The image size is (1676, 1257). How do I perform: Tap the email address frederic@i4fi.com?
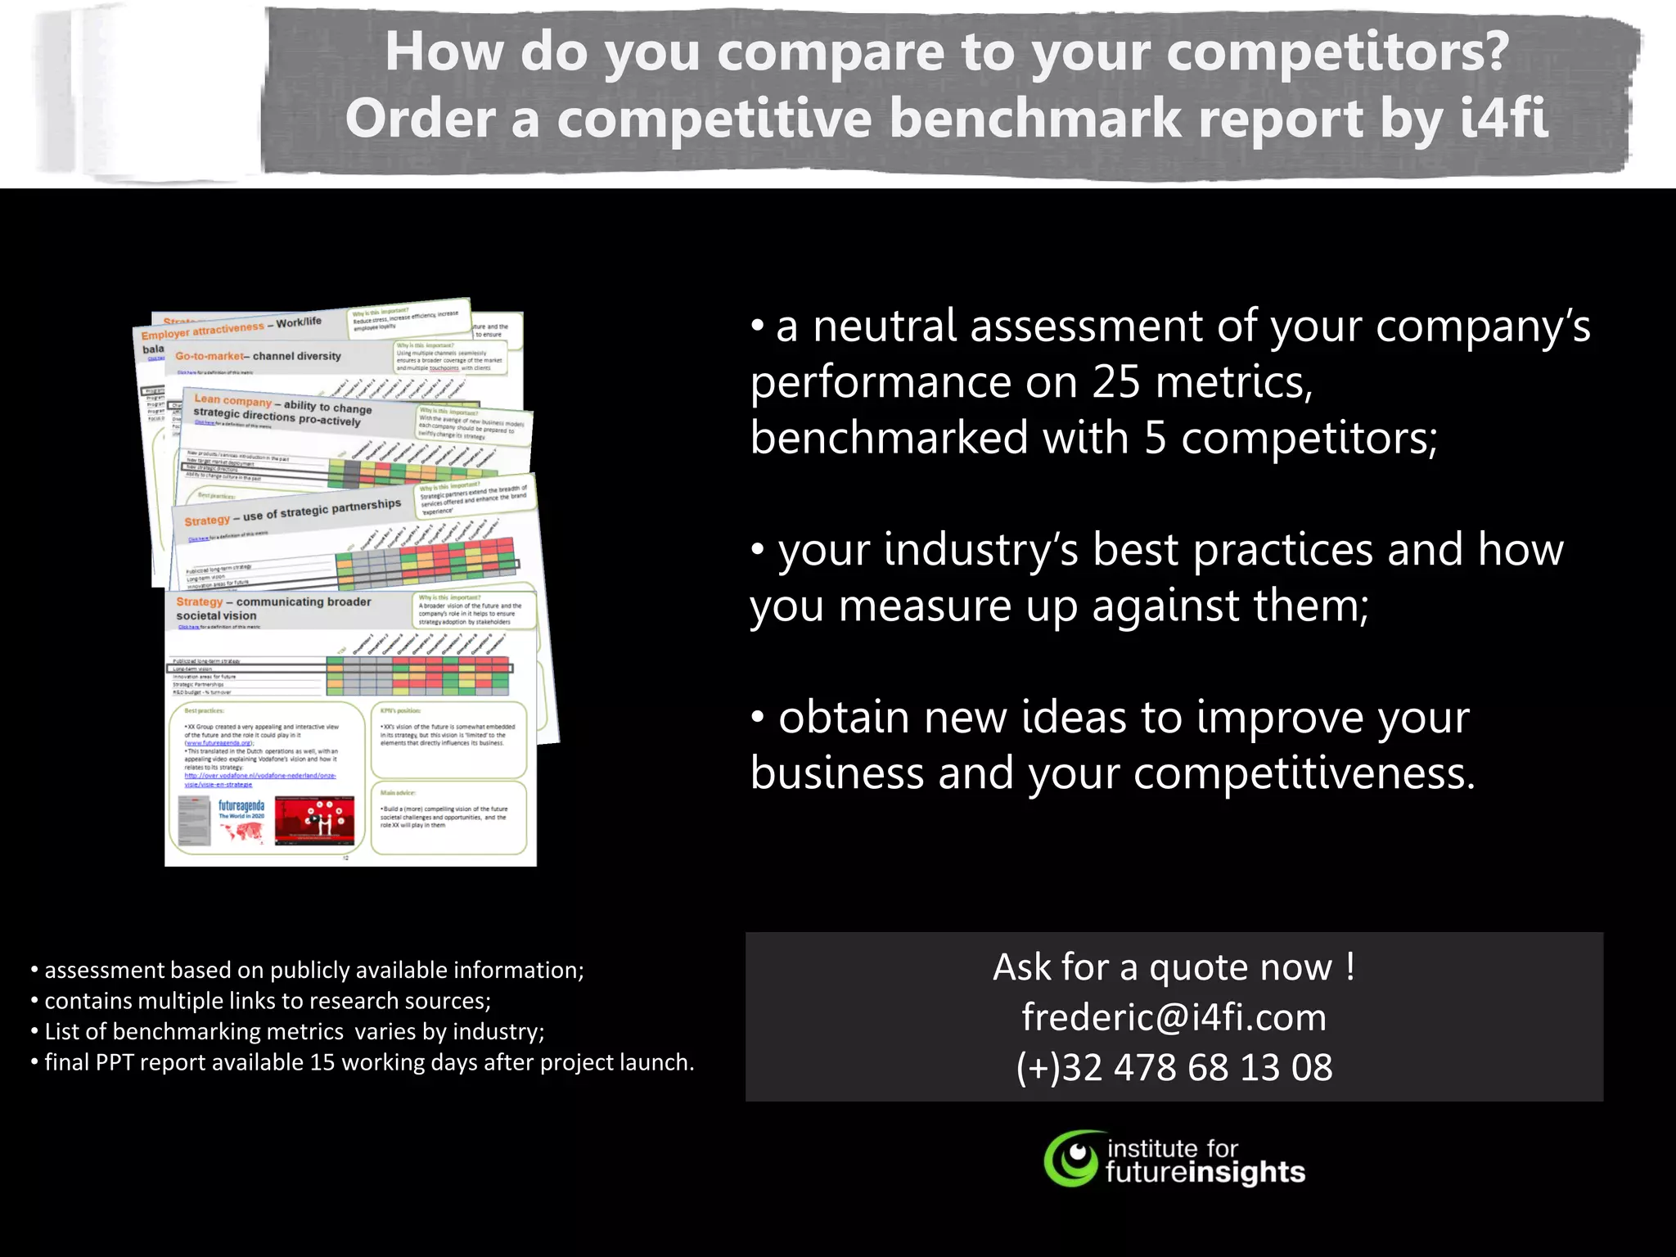[1174, 1017]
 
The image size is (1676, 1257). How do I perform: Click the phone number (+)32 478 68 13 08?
[1174, 1067]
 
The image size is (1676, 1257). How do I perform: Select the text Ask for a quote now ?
[1174, 967]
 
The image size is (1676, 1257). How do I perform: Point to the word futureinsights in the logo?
[1205, 1173]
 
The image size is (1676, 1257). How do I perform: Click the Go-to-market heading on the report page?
[209, 356]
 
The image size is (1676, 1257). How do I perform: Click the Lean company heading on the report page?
[232, 400]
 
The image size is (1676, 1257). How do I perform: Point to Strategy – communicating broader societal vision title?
[273, 608]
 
